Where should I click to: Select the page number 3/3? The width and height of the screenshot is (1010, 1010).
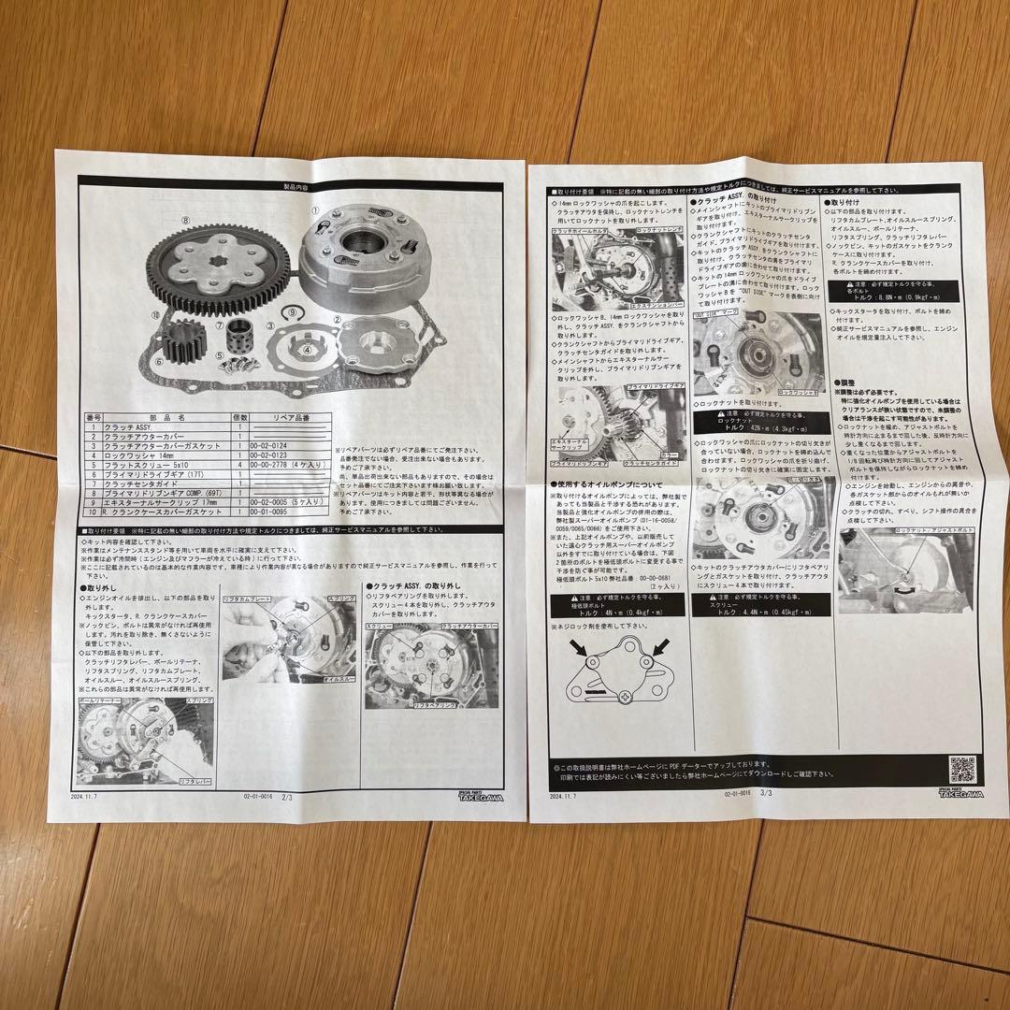coord(768,793)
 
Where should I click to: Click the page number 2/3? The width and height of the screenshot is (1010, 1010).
coord(286,797)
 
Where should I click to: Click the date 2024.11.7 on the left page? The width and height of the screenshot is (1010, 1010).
coord(94,797)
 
